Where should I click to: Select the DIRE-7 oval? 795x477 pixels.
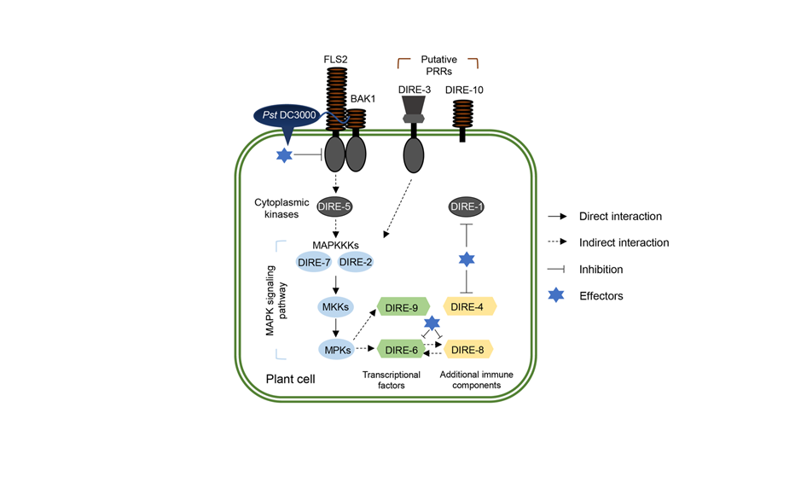point(315,262)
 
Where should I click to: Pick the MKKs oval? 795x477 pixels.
point(335,305)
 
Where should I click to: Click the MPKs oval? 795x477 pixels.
point(335,349)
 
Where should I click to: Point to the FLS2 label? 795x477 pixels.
point(336,59)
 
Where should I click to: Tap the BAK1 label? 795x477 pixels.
point(364,99)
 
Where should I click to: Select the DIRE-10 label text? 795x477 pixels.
point(464,90)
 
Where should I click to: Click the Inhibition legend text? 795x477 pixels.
point(601,270)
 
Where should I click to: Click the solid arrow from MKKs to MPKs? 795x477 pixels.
point(335,327)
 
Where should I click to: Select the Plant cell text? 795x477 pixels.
point(289,377)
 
